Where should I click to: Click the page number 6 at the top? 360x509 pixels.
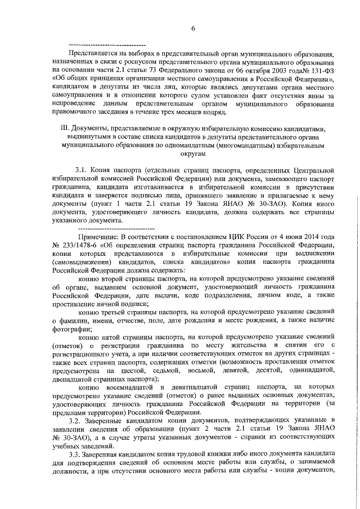[x=192, y=29]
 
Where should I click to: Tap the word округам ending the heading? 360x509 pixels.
[x=192, y=154]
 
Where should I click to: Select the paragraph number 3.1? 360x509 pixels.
[x=83, y=170]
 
